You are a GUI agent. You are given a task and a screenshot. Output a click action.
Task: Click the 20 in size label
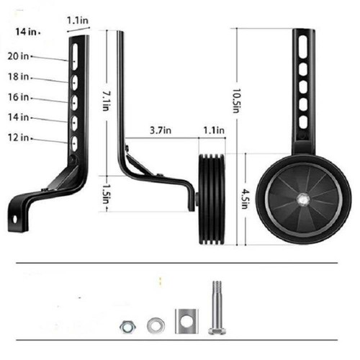click(18, 56)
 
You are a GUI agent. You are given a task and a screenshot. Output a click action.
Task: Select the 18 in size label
click(18, 76)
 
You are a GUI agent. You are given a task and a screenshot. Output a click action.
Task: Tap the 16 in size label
click(18, 97)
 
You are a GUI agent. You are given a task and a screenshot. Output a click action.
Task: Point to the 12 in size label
click(18, 138)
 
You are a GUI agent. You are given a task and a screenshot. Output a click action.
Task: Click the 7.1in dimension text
click(106, 100)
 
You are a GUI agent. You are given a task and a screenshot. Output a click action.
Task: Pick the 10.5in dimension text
click(236, 101)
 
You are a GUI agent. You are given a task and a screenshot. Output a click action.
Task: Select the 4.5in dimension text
click(246, 199)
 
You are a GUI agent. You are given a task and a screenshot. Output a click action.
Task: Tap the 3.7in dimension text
click(161, 130)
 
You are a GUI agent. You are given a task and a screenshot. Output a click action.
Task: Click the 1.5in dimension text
click(106, 194)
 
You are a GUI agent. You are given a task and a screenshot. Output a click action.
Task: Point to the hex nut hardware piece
click(127, 327)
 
